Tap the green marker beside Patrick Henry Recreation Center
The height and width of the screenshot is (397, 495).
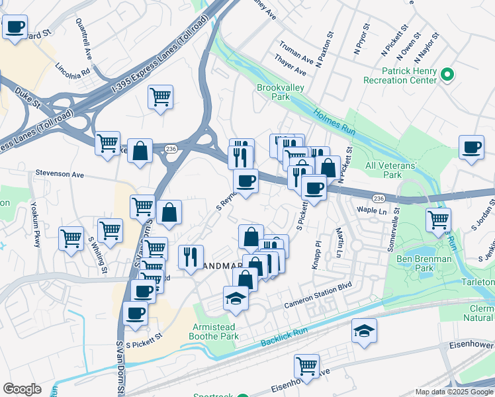tap(448, 74)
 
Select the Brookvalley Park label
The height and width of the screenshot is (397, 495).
tap(273, 92)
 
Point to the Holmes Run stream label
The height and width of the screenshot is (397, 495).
tap(334, 122)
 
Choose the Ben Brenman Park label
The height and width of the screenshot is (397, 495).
tap(424, 264)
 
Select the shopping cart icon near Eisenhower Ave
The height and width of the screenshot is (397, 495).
tap(307, 365)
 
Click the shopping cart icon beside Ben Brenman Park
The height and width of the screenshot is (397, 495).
tap(438, 219)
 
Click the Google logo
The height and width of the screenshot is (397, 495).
tap(22, 389)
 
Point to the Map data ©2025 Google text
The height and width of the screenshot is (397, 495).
tap(453, 392)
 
